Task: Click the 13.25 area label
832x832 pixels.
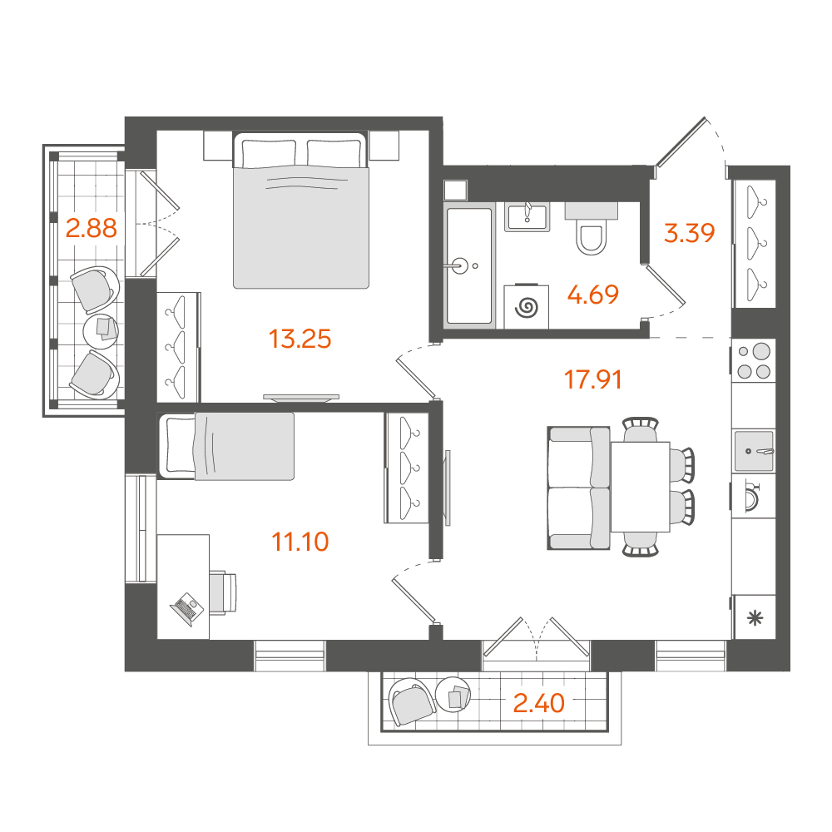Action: pyautogui.click(x=300, y=339)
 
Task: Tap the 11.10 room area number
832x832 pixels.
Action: pyautogui.click(x=300, y=542)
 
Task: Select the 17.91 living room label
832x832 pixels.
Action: pyautogui.click(x=592, y=380)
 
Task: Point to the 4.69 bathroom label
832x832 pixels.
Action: pyautogui.click(x=592, y=295)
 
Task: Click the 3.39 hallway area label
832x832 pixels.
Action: pyautogui.click(x=689, y=232)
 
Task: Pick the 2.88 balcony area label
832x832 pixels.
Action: pyautogui.click(x=92, y=228)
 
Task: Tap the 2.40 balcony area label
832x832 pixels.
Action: pyautogui.click(x=538, y=703)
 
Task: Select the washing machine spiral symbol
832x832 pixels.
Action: pyautogui.click(x=527, y=307)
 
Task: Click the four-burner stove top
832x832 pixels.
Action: pyautogui.click(x=754, y=360)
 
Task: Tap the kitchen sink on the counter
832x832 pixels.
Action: pyautogui.click(x=754, y=451)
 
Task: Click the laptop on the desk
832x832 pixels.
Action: pyautogui.click(x=186, y=609)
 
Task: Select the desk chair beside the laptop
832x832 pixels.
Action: pyautogui.click(x=223, y=592)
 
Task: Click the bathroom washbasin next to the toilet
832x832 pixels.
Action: pyautogui.click(x=527, y=217)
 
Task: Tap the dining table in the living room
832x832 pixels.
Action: pyautogui.click(x=640, y=487)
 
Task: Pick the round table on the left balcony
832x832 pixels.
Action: pyautogui.click(x=101, y=331)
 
